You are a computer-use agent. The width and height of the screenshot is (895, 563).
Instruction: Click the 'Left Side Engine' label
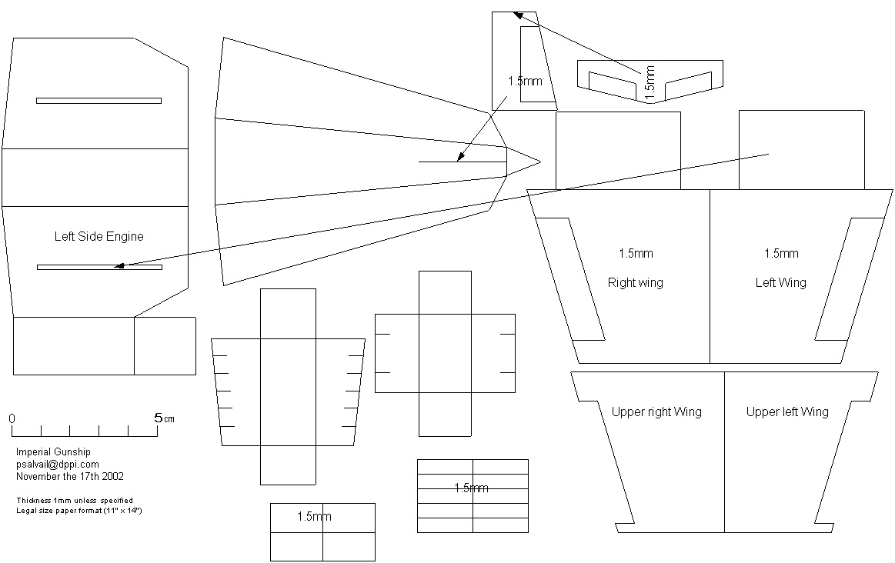tap(99, 236)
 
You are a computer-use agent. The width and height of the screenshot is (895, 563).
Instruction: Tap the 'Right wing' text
tap(635, 282)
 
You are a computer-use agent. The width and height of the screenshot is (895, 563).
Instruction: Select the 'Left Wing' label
tap(780, 282)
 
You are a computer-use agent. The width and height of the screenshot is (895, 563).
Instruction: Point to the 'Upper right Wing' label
tap(656, 411)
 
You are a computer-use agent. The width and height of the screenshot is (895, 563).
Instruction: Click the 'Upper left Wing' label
tap(787, 411)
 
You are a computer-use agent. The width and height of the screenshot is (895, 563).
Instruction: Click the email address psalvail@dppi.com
tap(58, 464)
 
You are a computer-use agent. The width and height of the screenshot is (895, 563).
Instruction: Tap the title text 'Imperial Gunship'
tap(52, 452)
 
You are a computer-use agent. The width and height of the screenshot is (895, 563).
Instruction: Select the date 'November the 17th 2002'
tap(69, 476)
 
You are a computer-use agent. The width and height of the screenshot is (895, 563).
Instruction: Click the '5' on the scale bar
tap(158, 418)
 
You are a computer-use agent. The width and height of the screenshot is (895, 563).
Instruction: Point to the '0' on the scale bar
tap(12, 418)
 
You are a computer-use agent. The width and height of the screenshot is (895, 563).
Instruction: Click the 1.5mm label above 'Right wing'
tap(636, 253)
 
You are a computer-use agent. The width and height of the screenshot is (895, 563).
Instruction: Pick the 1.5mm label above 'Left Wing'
tap(781, 253)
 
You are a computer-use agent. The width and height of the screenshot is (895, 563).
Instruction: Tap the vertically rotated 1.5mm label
tap(650, 82)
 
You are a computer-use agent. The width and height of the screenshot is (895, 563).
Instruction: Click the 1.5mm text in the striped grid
tap(471, 488)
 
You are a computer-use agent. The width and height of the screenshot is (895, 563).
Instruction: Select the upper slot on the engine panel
tap(99, 100)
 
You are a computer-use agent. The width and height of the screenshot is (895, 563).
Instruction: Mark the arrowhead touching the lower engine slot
tap(119, 266)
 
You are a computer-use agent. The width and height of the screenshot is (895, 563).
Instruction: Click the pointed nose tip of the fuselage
tap(540, 162)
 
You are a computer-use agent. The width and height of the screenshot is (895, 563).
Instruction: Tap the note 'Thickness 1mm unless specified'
tap(74, 501)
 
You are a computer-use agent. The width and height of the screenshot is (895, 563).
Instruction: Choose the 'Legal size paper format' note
tap(79, 511)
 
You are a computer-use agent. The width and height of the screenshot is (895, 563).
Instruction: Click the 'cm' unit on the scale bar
tap(169, 419)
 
